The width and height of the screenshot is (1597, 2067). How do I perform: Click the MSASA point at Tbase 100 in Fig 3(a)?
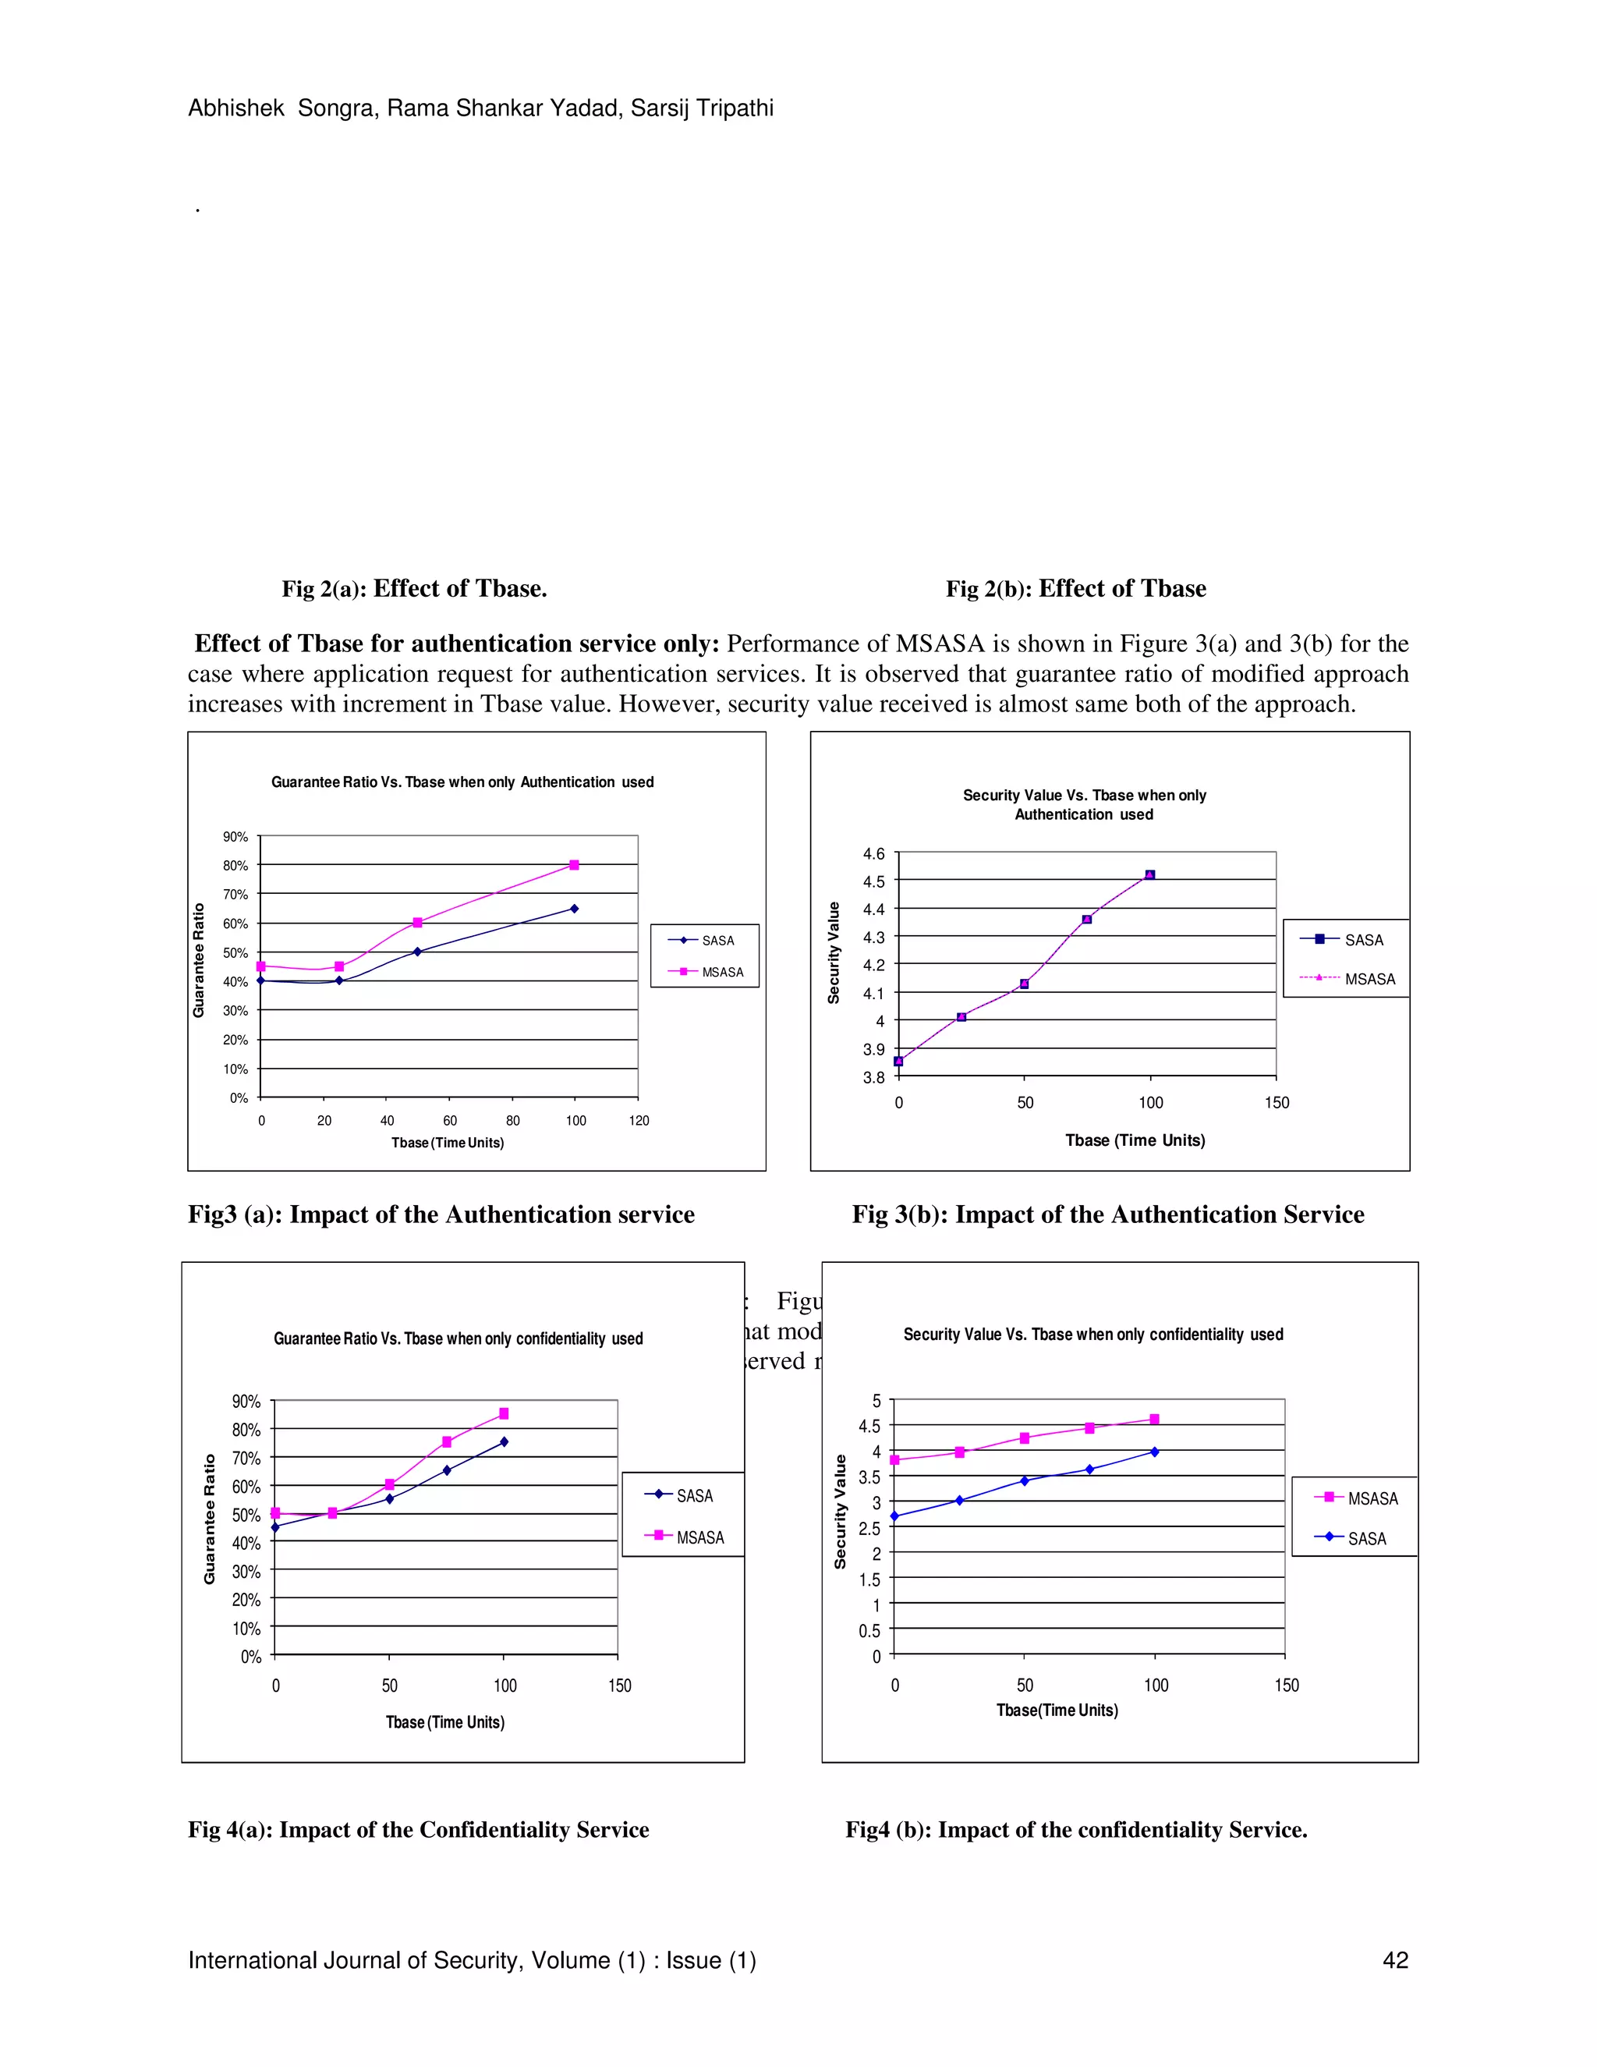point(574,865)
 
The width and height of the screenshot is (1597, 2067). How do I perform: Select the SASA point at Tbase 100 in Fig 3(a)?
point(574,909)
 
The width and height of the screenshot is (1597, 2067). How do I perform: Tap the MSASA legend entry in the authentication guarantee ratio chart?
point(722,972)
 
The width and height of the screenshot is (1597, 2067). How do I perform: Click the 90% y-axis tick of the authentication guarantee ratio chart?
point(235,837)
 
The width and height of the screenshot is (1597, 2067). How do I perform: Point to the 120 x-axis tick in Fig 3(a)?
point(639,1121)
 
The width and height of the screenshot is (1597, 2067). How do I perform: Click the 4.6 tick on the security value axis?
point(873,853)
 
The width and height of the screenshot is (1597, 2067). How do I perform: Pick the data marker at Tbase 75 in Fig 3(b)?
point(1087,919)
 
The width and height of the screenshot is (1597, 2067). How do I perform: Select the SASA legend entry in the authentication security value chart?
point(1363,940)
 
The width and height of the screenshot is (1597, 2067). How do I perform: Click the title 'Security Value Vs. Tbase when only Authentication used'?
point(1084,804)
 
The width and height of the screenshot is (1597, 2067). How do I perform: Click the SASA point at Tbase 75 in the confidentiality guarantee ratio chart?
point(447,1470)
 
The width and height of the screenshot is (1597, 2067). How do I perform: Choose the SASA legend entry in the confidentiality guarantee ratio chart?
point(693,1495)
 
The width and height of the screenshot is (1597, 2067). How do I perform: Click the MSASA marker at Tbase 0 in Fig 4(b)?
point(895,1459)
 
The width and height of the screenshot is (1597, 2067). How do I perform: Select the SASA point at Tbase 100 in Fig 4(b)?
point(1154,1451)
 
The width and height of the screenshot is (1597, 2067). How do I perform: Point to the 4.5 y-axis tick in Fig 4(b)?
point(869,1427)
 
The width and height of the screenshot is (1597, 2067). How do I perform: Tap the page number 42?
point(1396,1960)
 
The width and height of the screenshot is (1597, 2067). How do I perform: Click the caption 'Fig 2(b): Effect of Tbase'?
point(1075,589)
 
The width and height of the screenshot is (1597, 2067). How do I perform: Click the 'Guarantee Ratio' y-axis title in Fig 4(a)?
point(209,1519)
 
